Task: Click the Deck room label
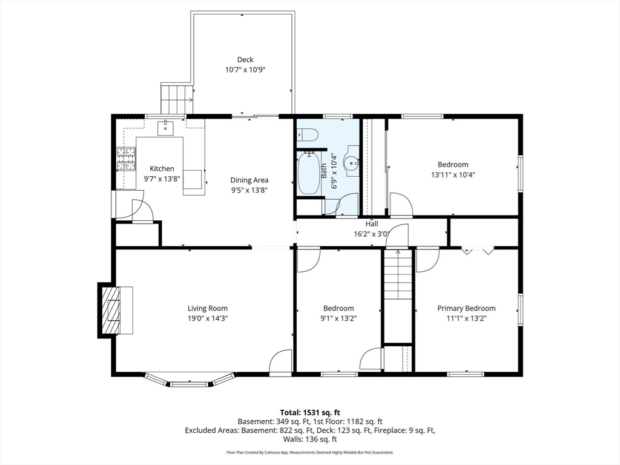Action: pos(245,59)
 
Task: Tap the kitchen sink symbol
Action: pos(166,128)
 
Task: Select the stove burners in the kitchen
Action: pos(125,160)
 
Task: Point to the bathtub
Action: pos(309,173)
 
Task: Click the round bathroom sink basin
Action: pos(352,163)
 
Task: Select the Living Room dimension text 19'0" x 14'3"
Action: pos(208,318)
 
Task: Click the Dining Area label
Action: pos(249,180)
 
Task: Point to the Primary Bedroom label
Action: pos(466,308)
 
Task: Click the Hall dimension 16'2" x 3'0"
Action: pos(371,234)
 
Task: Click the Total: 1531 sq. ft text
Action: pos(309,412)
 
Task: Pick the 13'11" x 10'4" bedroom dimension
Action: pos(453,174)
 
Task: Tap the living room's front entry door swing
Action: pos(280,363)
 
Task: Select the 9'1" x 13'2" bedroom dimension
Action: pos(338,318)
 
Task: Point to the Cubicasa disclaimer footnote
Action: pos(309,452)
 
